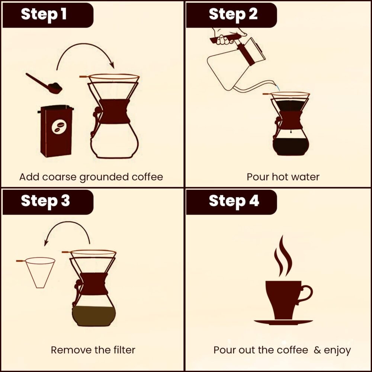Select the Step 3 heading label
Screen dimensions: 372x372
tap(45, 201)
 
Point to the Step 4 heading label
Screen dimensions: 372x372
tap(234, 201)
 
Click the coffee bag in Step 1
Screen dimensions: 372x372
tap(56, 131)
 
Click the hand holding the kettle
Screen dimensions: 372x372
tap(228, 36)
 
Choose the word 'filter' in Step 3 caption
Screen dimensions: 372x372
tap(125, 350)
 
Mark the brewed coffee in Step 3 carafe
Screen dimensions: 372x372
tap(94, 316)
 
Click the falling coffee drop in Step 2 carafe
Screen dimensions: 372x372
tap(291, 131)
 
